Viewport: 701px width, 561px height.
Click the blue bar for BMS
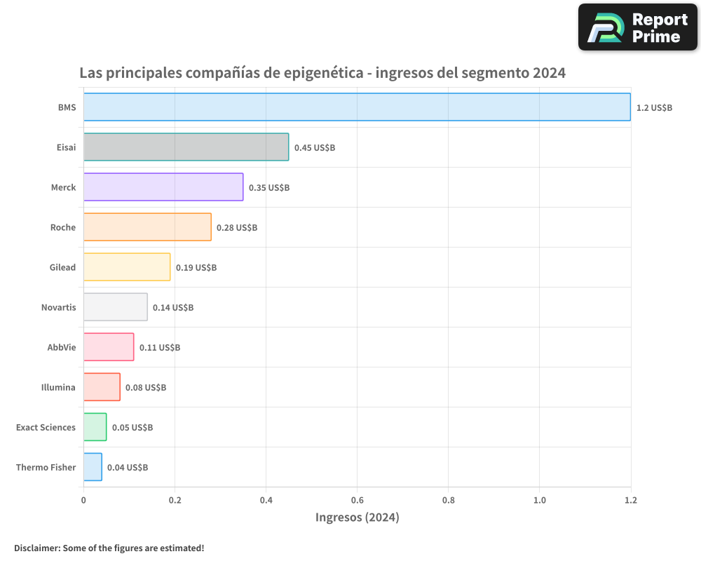(x=357, y=107)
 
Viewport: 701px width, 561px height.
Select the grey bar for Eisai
(x=186, y=147)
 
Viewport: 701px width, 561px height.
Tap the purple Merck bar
(x=163, y=187)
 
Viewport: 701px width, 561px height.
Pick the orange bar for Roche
(x=147, y=227)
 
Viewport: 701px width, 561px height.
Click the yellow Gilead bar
(x=127, y=266)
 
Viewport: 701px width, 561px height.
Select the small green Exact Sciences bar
(x=95, y=426)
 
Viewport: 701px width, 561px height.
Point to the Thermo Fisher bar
(x=93, y=466)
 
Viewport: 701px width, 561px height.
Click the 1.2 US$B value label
(x=654, y=107)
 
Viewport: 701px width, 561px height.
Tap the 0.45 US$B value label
(x=314, y=147)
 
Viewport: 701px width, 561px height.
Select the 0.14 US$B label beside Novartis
(x=173, y=307)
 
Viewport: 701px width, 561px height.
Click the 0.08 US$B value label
(x=146, y=387)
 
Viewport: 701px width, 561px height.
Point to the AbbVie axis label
(x=61, y=347)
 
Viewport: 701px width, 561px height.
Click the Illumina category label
(x=58, y=387)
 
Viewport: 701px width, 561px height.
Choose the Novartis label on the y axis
(x=58, y=307)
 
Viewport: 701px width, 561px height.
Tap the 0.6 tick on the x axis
(x=357, y=500)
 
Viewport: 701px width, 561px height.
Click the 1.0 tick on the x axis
(x=539, y=500)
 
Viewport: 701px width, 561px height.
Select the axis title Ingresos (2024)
(x=357, y=518)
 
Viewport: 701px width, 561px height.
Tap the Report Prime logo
(x=638, y=27)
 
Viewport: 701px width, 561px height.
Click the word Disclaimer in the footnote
(x=36, y=548)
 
